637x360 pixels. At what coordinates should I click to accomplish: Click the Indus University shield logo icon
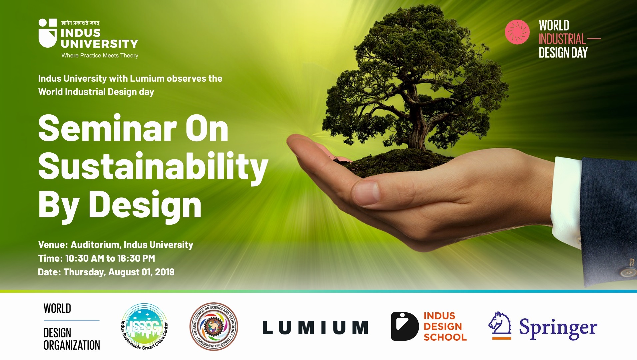coord(48,33)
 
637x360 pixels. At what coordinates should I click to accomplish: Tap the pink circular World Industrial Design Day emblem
coord(517,32)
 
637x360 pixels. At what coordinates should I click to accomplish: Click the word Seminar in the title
coord(107,129)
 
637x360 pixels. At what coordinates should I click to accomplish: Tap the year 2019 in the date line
coord(165,272)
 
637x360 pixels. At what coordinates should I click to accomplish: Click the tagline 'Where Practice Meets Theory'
coord(100,56)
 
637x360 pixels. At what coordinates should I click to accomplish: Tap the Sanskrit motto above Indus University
coord(80,23)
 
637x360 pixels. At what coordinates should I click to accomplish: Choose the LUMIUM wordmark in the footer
coord(316,327)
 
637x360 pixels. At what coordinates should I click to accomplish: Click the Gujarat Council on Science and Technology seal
coord(214,327)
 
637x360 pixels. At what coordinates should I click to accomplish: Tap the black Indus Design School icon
coord(405,326)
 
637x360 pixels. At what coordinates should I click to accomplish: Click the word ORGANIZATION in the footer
coord(72,345)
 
